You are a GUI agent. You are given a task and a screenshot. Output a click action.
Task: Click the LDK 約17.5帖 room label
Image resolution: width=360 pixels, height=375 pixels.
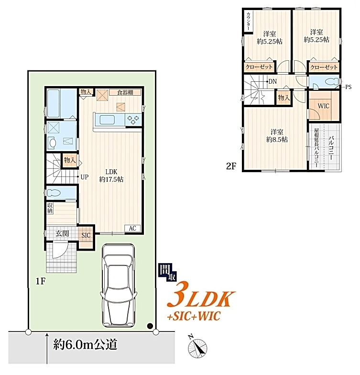[111, 176]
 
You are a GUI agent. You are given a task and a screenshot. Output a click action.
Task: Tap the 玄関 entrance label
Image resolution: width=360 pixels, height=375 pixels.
[62, 233]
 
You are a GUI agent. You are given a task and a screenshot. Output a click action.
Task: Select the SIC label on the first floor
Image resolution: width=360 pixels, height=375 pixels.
[86, 235]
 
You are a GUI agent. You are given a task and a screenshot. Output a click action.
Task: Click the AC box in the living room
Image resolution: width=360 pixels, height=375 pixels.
[132, 229]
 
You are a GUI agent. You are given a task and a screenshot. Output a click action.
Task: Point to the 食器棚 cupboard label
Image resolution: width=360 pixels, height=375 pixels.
[125, 92]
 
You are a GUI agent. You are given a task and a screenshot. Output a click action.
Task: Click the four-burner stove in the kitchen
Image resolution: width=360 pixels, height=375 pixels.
[133, 120]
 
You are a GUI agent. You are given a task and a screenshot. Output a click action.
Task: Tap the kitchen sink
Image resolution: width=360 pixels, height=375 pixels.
[107, 120]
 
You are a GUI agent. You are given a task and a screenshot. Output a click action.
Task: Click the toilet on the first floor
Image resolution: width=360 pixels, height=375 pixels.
[53, 193]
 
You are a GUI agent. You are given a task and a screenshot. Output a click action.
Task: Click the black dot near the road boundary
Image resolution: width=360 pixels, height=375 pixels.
[150, 326]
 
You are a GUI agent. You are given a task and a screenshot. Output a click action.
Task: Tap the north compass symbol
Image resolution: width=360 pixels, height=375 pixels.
[197, 348]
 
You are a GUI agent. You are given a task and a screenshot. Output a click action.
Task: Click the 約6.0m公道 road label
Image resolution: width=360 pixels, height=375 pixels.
[85, 344]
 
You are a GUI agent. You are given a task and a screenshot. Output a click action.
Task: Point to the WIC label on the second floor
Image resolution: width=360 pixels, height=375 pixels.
[323, 106]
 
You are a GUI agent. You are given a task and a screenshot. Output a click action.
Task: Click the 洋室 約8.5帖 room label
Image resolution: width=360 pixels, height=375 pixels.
[277, 136]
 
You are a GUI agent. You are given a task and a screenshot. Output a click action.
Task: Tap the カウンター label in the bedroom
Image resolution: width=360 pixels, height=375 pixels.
[249, 21]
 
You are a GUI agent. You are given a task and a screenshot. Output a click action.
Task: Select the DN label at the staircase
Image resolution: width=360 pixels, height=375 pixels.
[273, 81]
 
